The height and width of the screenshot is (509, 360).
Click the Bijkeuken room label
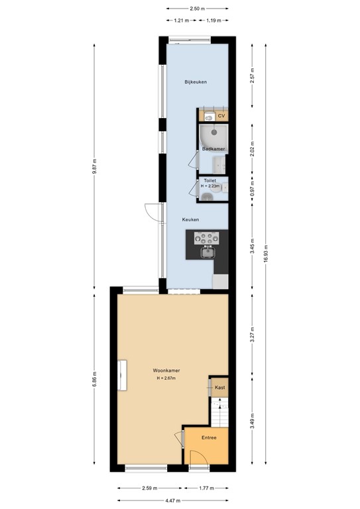coord(196,82)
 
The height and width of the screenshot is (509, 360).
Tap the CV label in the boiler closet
coord(221,116)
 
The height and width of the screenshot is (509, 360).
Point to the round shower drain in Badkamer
coord(213,130)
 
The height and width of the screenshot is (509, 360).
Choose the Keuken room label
coord(191,219)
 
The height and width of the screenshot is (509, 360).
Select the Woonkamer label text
coord(167,370)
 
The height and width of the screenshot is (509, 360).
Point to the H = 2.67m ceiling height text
coord(167,378)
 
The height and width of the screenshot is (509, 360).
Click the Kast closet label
coord(219,386)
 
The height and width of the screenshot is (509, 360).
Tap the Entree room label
coord(209,437)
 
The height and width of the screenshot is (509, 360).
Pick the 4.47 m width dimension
coord(174,500)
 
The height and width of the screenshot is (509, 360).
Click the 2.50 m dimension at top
coord(196,9)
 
